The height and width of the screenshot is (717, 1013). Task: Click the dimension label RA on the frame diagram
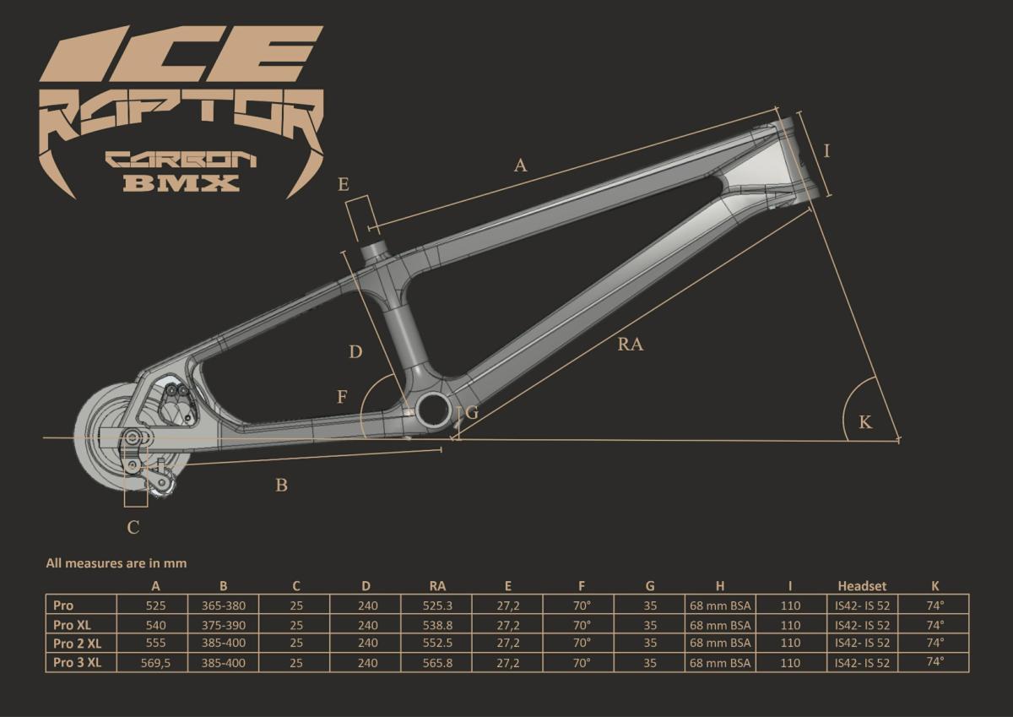coord(631,345)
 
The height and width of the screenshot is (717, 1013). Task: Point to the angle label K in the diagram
coord(865,422)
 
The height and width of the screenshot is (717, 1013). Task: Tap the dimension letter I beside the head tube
coord(827,150)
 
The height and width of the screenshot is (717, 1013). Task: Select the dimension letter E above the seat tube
coord(344,184)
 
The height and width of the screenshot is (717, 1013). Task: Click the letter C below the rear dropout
coord(133,528)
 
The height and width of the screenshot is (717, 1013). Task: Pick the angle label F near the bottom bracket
coord(343,397)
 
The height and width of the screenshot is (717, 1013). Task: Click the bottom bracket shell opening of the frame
coord(434,409)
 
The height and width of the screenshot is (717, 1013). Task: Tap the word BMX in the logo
coord(181,182)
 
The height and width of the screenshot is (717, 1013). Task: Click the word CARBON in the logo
coord(181,160)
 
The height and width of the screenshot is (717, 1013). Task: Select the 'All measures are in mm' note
coord(116,563)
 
